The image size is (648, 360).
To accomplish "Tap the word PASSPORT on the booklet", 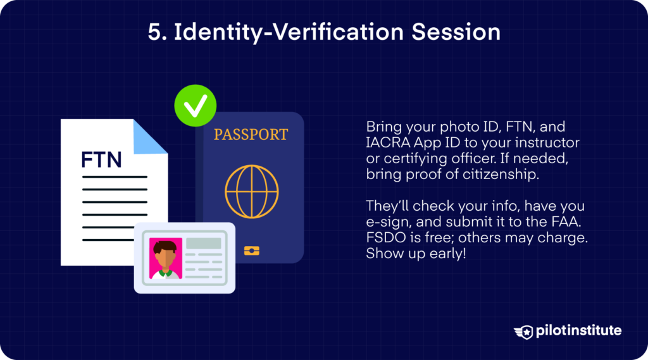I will [251, 135].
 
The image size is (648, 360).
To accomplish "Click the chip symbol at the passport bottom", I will [251, 251].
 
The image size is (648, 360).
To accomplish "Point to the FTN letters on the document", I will [101, 159].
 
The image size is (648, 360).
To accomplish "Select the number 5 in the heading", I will [153, 32].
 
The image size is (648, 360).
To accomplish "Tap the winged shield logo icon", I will [523, 332].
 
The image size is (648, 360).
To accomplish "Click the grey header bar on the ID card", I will [204, 244].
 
